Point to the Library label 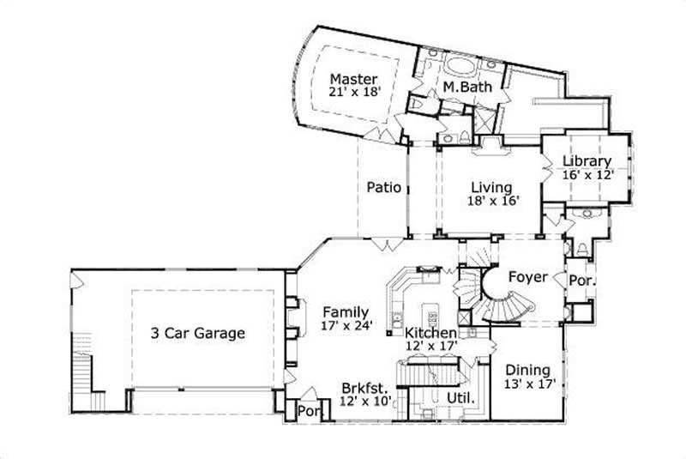587,160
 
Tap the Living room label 491,187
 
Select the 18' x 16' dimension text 491,201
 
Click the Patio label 383,187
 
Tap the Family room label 346,311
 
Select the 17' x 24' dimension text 346,325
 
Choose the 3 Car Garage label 198,333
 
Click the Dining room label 527,371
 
